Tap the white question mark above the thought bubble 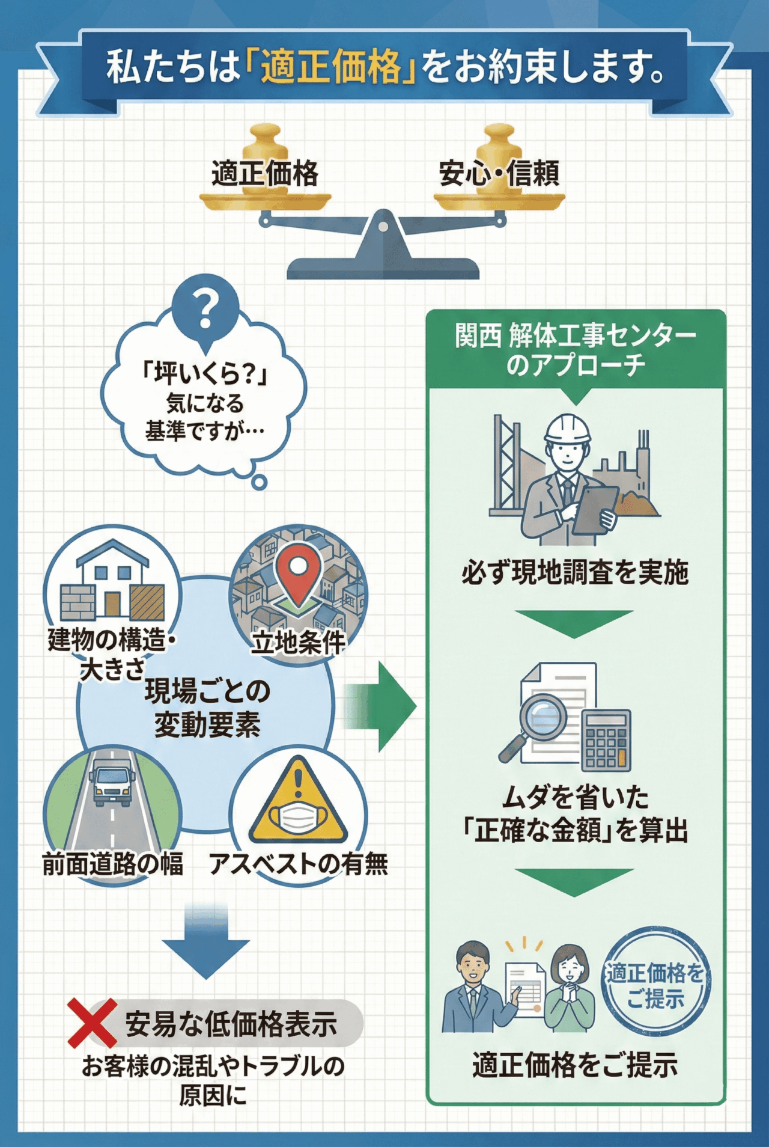click(x=205, y=308)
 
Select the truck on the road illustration click(x=112, y=781)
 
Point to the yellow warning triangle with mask click(x=298, y=803)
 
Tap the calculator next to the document click(x=606, y=740)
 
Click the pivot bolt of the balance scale click(x=383, y=227)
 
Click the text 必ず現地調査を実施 click(x=575, y=572)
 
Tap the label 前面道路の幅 click(x=112, y=864)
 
